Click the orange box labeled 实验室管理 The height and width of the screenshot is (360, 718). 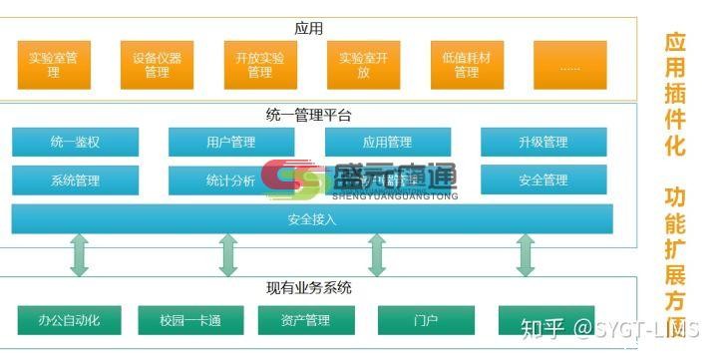point(54,65)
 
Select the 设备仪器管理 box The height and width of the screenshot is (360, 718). point(157,65)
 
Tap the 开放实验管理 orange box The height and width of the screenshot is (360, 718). point(260,65)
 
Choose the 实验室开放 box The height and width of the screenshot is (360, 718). point(363,65)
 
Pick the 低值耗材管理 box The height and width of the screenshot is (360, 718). point(467,65)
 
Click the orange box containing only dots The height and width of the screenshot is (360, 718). point(569,65)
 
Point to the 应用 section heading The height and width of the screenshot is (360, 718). point(309,28)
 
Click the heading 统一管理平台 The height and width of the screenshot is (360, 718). point(309,116)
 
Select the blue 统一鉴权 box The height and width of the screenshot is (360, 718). point(75,143)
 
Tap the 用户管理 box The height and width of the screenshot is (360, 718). point(230,143)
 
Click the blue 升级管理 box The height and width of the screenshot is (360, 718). point(542,143)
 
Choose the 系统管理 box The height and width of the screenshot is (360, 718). point(75,180)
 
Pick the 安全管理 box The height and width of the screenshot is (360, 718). point(542,180)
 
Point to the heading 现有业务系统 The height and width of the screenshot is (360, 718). point(309,288)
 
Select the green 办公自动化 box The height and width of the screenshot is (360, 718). point(69,320)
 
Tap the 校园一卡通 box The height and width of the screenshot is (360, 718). point(189,320)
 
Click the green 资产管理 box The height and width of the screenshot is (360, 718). point(306,320)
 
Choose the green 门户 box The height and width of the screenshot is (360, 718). point(425,320)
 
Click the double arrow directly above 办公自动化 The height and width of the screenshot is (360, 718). point(79,255)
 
